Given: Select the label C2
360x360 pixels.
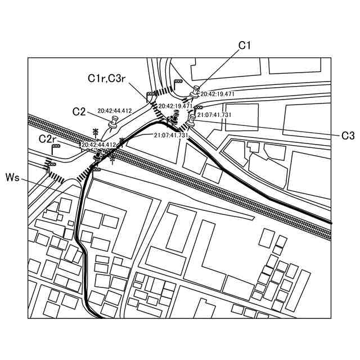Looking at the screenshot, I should (x=79, y=111).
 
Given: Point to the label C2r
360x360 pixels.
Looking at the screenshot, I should (x=47, y=138).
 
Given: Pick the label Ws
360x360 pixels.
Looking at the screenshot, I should (x=12, y=178).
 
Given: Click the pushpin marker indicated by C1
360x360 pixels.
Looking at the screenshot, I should (x=196, y=90).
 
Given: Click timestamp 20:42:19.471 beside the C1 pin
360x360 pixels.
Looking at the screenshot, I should (x=217, y=94).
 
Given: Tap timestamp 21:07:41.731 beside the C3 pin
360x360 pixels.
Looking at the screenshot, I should (x=214, y=115).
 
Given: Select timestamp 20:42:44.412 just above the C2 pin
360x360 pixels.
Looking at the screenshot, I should (x=114, y=111).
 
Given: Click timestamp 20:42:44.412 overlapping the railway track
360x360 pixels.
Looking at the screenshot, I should (x=98, y=145).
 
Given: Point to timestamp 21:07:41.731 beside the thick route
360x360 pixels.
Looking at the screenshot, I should (x=170, y=136).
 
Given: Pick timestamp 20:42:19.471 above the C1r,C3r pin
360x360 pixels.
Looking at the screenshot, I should (x=175, y=106).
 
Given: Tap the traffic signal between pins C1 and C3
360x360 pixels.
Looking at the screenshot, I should (x=198, y=107).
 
